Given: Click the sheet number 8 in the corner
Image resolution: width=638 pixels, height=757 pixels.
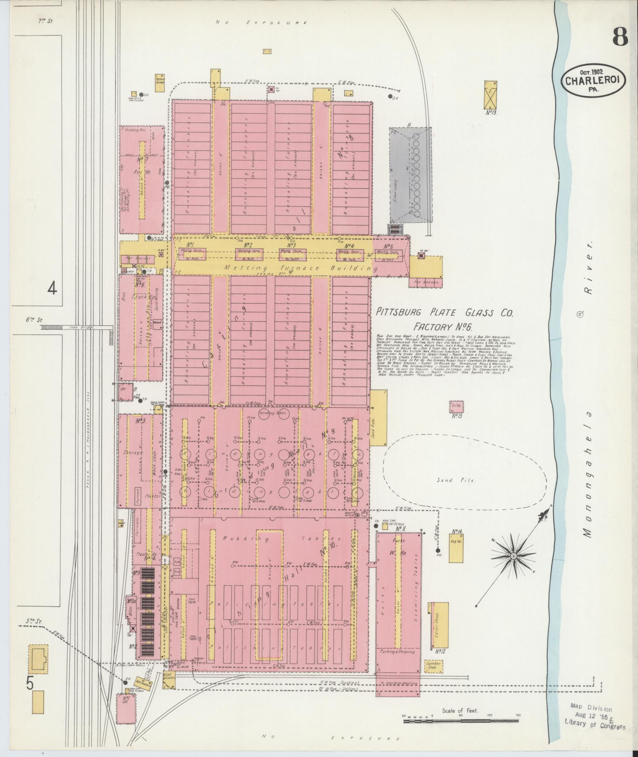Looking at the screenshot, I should pyautogui.click(x=620, y=38).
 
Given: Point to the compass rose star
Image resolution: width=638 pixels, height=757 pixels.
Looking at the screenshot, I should pyautogui.click(x=513, y=556).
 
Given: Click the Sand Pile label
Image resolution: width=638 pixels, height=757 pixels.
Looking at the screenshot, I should pyautogui.click(x=456, y=480).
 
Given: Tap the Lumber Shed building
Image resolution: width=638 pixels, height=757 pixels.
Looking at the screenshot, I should pyautogui.click(x=432, y=666).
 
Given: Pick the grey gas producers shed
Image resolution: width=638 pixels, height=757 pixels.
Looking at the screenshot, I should pyautogui.click(x=410, y=175).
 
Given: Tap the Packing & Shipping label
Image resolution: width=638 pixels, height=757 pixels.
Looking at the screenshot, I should pyautogui.click(x=398, y=651).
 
